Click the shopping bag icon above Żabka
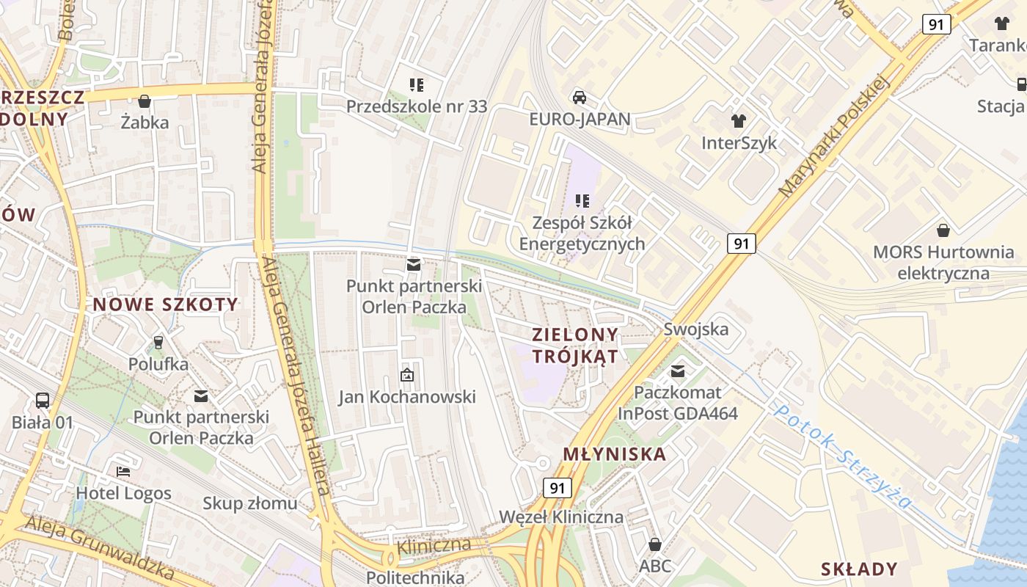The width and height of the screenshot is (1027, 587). coord(145,101)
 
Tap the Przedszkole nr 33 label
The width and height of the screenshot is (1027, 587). coord(416,106)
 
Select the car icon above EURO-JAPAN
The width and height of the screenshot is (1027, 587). coord(579,97)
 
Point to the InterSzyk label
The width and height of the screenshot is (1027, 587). coord(739,142)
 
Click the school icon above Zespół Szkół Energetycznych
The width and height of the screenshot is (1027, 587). coord(582,200)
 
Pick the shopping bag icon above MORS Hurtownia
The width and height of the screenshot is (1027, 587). coord(943,230)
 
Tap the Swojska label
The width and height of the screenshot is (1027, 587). coord(696,328)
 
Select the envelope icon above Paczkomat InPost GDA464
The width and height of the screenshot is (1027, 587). coord(678,371)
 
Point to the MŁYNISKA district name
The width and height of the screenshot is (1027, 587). coord(615,454)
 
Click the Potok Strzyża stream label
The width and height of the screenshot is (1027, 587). coord(844,457)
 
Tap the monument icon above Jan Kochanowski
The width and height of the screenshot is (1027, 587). coord(406,376)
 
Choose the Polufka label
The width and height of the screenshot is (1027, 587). coord(158,364)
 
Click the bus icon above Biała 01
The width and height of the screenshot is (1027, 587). coord(43,401)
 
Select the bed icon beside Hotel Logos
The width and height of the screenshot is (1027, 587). coord(123,471)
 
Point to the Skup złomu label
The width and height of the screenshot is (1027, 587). coord(249,503)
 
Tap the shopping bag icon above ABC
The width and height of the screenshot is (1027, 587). coord(655,544)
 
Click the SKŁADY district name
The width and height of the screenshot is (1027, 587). coord(859,569)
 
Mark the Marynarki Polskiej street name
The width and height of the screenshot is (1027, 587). coord(834,137)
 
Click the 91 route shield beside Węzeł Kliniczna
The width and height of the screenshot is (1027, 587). coord(558,488)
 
